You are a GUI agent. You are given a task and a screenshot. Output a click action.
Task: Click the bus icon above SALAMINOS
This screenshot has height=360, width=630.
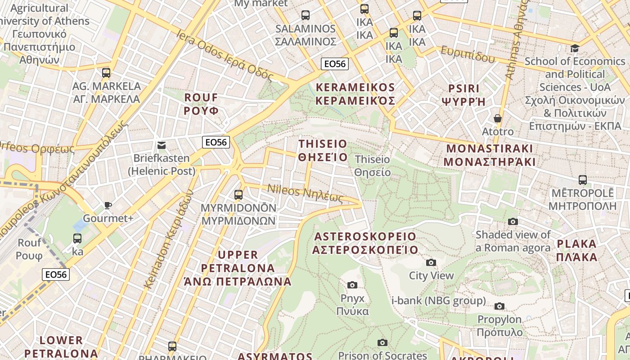(306, 15)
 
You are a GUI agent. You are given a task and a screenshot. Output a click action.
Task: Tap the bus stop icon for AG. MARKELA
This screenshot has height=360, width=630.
(106, 72)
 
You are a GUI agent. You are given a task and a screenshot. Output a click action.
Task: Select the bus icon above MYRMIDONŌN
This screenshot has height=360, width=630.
(238, 195)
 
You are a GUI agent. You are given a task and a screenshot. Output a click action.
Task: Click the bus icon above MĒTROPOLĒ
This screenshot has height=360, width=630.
(583, 180)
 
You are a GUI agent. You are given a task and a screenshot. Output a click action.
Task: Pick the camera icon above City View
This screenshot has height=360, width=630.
(431, 262)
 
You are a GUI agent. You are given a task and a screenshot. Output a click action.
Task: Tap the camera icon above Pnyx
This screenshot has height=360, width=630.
(352, 285)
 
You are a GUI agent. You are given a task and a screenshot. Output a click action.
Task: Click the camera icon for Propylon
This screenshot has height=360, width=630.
(499, 306)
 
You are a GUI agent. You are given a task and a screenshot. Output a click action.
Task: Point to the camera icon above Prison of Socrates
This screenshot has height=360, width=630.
(382, 343)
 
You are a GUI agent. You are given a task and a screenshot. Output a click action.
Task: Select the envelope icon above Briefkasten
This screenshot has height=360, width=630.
(162, 145)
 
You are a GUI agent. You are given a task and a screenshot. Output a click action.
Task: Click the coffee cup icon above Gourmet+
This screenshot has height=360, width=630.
(108, 206)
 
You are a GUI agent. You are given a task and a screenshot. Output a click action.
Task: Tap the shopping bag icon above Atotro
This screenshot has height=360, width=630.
(498, 119)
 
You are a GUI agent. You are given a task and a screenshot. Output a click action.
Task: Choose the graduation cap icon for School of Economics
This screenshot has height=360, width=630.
(575, 49)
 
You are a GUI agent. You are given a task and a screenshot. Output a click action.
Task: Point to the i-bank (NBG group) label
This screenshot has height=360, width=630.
(439, 301)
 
